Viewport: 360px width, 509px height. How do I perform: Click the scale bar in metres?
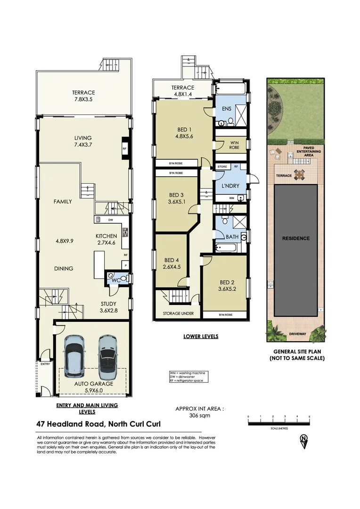click(278, 421)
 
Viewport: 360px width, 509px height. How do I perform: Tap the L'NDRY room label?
click(230, 186)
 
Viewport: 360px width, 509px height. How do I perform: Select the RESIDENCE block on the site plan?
click(296, 238)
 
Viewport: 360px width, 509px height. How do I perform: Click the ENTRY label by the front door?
click(45, 363)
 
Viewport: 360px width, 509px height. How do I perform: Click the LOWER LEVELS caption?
click(201, 337)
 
